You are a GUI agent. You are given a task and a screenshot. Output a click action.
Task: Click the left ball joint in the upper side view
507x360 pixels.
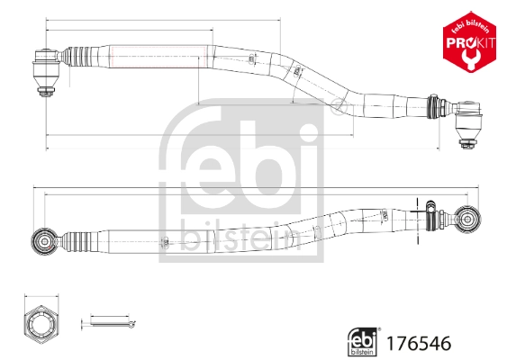(x=46, y=64)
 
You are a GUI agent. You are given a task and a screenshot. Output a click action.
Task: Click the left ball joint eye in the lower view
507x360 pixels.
(x=41, y=240)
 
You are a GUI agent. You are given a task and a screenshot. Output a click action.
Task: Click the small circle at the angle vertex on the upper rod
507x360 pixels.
(x=339, y=109)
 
